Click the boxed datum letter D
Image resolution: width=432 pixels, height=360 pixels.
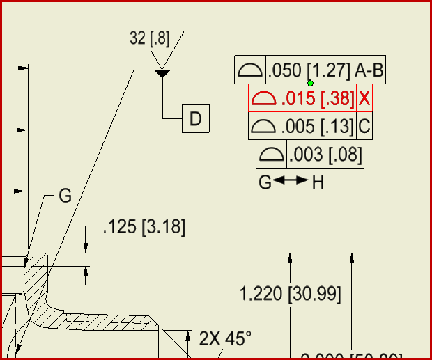click(x=195, y=119)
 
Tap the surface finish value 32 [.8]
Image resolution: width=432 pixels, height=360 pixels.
click(x=149, y=39)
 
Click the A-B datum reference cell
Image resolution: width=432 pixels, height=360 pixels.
click(x=369, y=70)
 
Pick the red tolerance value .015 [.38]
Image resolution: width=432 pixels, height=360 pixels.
click(x=317, y=99)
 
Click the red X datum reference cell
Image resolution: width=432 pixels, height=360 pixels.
click(x=364, y=99)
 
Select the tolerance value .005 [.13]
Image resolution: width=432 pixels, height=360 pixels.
click(x=317, y=127)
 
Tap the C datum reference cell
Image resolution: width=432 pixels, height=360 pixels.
click(x=364, y=127)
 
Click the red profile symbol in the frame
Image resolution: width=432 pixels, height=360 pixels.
click(x=263, y=99)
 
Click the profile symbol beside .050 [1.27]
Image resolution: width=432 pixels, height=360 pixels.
click(x=249, y=70)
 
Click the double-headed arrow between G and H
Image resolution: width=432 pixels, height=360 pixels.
click(x=291, y=181)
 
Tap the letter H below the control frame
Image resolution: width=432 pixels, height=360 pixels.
click(x=318, y=182)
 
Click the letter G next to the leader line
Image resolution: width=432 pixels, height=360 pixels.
click(x=65, y=196)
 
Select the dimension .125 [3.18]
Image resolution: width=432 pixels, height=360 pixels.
click(x=144, y=228)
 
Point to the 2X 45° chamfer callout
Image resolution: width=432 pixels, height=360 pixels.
click(x=224, y=338)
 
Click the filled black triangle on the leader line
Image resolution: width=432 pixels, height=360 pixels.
click(x=162, y=73)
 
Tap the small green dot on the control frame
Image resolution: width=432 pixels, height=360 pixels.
click(x=310, y=84)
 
